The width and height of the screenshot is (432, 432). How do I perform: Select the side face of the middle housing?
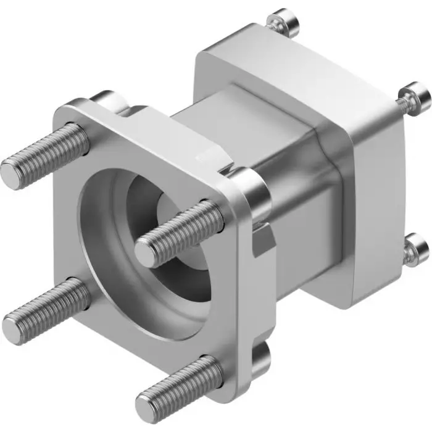coord(302,204)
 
